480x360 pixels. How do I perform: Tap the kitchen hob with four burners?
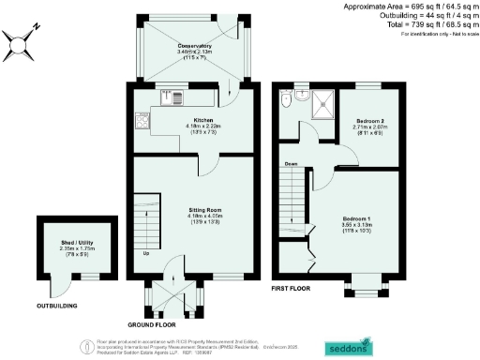[x=142, y=120]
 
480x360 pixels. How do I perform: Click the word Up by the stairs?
[x=145, y=254]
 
